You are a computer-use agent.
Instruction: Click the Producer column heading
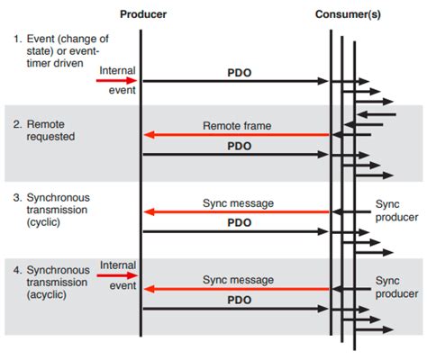pyautogui.click(x=142, y=14)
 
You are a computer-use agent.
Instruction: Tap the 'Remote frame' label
pyautogui.click(x=239, y=127)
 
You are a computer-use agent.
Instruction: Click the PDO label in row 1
pyautogui.click(x=239, y=70)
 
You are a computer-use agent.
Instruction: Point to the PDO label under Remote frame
pyautogui.click(x=239, y=145)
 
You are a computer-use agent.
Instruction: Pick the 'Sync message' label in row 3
pyautogui.click(x=239, y=202)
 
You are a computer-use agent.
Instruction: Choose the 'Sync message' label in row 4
pyautogui.click(x=239, y=280)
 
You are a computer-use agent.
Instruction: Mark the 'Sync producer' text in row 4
pyautogui.click(x=396, y=287)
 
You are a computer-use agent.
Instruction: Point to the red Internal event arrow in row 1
pyautogui.click(x=115, y=81)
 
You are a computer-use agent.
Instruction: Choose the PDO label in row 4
pyautogui.click(x=239, y=299)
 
